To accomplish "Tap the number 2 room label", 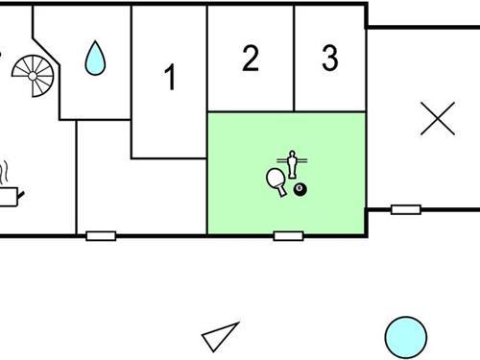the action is click(x=251, y=60).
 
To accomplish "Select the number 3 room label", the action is click(x=329, y=60).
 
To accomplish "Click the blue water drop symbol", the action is click(x=95, y=59).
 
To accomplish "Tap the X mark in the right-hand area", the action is click(x=438, y=119).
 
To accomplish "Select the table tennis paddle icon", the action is click(x=276, y=180).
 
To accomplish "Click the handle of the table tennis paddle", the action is click(x=282, y=191).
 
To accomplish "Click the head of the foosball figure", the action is click(x=292, y=153).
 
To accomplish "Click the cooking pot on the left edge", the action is click(x=9, y=196).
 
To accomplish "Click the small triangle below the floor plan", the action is click(x=220, y=337).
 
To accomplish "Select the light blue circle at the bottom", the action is click(x=405, y=337).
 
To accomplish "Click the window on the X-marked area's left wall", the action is click(x=406, y=208).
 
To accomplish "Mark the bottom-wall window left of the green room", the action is click(x=101, y=235).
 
